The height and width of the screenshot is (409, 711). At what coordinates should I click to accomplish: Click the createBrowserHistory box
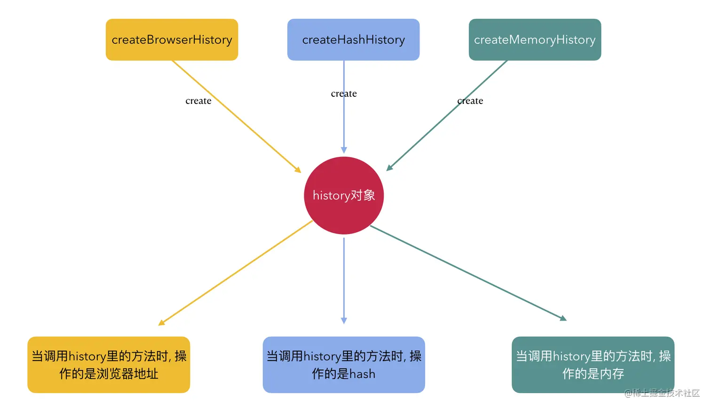pos(172,39)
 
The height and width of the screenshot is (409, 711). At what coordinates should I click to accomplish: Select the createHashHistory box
pos(353,39)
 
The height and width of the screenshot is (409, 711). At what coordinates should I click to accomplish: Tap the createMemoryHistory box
pos(535,39)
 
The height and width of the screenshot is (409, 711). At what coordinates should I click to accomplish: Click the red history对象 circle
pos(344,196)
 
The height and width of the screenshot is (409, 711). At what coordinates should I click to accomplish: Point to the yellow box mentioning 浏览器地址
pos(109,365)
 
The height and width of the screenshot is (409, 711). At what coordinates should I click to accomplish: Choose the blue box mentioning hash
pos(344,365)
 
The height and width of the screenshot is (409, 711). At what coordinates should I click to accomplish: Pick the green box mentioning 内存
pos(593,365)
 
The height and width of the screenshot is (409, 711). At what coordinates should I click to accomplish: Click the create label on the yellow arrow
pos(198,101)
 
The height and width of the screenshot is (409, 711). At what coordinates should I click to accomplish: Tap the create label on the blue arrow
pos(344,94)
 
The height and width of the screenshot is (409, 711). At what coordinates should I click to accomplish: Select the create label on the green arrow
pos(470,101)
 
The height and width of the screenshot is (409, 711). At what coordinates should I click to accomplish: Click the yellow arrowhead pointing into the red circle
pos(298,169)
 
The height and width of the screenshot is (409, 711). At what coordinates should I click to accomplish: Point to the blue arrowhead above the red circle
pos(344,150)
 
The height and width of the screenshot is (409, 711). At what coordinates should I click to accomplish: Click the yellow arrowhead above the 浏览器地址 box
pos(162,322)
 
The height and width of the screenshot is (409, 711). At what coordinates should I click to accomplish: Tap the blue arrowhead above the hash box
pos(344,321)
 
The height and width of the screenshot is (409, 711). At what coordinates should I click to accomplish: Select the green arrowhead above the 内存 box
pos(563,318)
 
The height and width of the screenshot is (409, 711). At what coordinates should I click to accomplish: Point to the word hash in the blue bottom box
pos(362,374)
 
